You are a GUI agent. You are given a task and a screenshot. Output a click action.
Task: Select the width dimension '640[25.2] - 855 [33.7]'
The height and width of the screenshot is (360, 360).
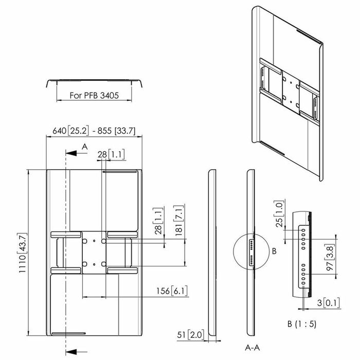(95, 131)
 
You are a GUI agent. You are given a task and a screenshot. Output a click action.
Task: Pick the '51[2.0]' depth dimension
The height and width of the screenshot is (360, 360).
(190, 335)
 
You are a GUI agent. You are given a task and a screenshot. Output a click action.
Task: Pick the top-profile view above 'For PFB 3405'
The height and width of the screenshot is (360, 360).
(93, 83)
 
